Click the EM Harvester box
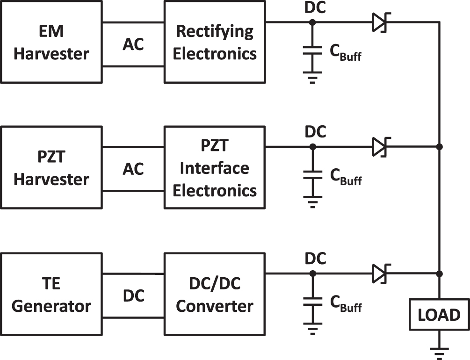point(51,43)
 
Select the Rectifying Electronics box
point(215,43)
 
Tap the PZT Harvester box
point(51,168)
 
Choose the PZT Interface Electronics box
point(215,168)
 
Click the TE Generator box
point(51,295)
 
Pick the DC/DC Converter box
point(215,295)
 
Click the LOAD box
point(439,315)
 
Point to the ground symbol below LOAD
point(439,351)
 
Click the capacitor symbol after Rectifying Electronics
point(313,53)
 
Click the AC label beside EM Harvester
point(133,44)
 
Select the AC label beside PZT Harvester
point(133,169)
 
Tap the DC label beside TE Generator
point(133,295)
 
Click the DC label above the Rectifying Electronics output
point(315,8)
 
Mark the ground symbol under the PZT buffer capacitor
point(313,203)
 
